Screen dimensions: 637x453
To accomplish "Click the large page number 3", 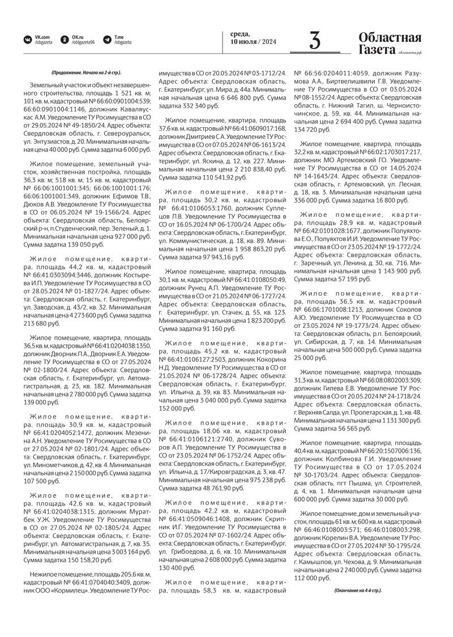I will [x=315, y=41].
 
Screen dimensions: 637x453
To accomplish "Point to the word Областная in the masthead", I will [x=390, y=38].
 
